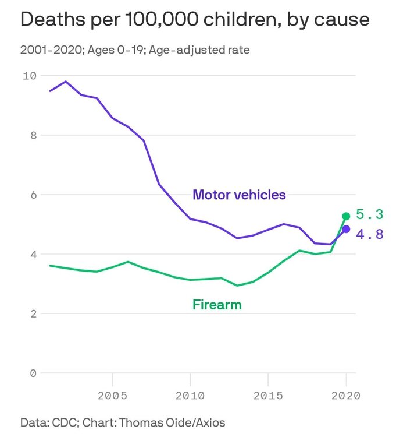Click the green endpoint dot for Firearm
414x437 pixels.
(x=346, y=216)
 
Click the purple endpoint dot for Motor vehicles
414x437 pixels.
(x=346, y=229)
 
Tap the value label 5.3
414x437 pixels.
(x=370, y=215)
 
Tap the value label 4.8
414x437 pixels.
(x=370, y=234)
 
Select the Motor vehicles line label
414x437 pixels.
(x=239, y=195)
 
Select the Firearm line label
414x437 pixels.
(x=216, y=304)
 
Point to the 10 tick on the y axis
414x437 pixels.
(x=29, y=76)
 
